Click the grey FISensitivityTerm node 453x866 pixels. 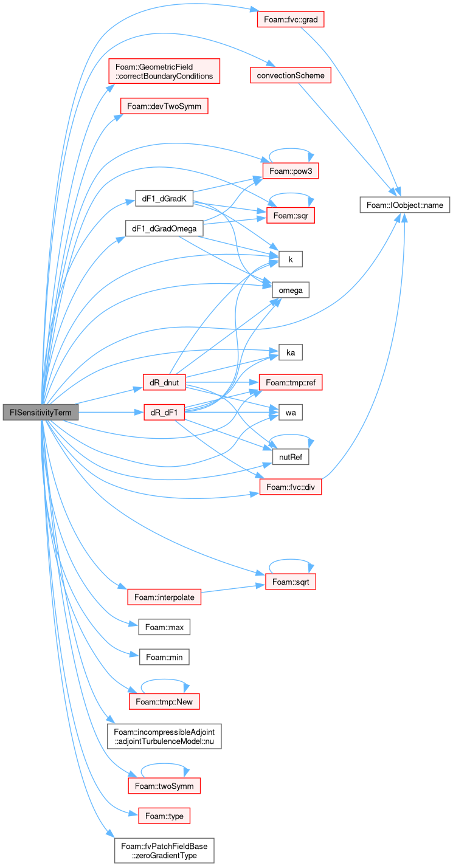pyautogui.click(x=41, y=412)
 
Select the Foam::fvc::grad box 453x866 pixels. pyautogui.click(x=291, y=19)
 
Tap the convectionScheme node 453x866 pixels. pyautogui.click(x=291, y=75)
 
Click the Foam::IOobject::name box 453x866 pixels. pyautogui.click(x=404, y=205)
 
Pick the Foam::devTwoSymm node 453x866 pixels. pyautogui.click(x=164, y=106)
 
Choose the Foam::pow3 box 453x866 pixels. pyautogui.click(x=291, y=171)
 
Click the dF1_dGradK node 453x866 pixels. pyautogui.click(x=164, y=198)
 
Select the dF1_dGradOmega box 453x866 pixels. pyautogui.click(x=164, y=229)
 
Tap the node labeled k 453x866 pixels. pyautogui.click(x=291, y=259)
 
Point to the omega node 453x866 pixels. pyautogui.click(x=291, y=290)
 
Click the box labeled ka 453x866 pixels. pyautogui.click(x=291, y=352)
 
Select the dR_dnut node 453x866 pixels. pyautogui.click(x=164, y=382)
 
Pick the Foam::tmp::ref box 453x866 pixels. pyautogui.click(x=291, y=382)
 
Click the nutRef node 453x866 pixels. pyautogui.click(x=291, y=457)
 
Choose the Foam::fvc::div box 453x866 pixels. pyautogui.click(x=291, y=487)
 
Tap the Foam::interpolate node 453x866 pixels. pyautogui.click(x=164, y=597)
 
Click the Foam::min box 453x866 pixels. pyautogui.click(x=164, y=657)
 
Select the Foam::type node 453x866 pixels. pyautogui.click(x=164, y=816)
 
